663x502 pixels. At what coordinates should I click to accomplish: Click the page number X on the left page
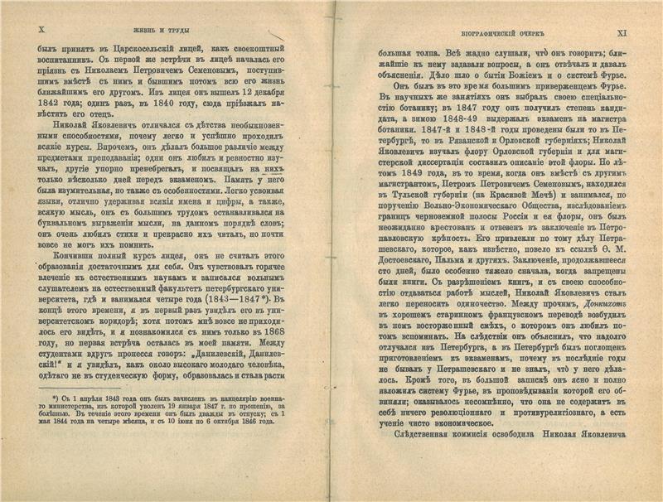tap(41, 28)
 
